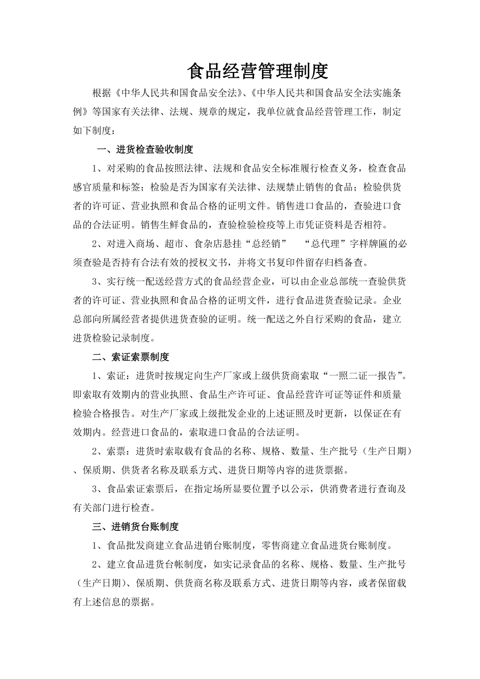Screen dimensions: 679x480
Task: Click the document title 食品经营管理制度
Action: [x=257, y=71]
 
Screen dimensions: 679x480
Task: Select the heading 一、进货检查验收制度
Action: [x=146, y=150]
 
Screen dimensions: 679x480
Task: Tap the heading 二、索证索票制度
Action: [x=130, y=357]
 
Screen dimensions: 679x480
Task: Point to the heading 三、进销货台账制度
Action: [x=136, y=527]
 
